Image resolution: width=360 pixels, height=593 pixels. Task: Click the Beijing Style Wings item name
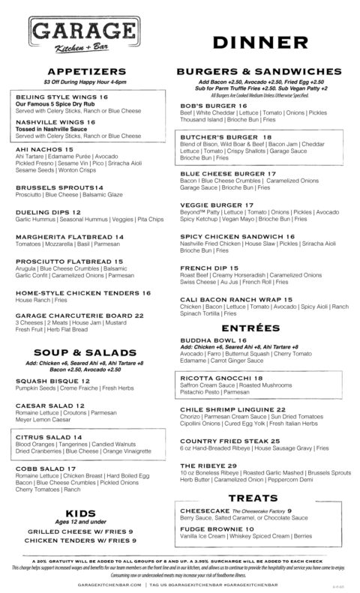pos(55,97)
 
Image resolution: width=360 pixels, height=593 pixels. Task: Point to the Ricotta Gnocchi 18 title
pos(221,378)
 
